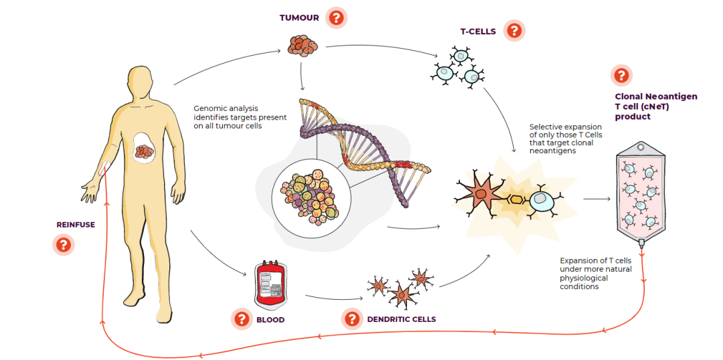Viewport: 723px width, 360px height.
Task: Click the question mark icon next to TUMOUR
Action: (336, 18)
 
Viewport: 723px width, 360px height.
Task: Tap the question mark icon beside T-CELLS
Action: (514, 31)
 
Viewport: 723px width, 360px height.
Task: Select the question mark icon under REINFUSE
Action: (63, 244)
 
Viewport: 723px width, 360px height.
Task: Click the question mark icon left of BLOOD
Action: (242, 319)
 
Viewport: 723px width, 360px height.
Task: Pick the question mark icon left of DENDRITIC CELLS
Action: (352, 319)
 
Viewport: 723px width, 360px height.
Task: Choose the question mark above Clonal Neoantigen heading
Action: (621, 75)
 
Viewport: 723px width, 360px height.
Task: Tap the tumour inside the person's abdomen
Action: (147, 151)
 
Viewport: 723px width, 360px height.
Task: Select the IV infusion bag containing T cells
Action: (641, 193)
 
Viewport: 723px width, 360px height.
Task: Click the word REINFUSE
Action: (76, 225)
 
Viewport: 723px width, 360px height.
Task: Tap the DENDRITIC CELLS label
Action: (402, 319)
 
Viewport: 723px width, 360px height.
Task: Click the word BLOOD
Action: (270, 319)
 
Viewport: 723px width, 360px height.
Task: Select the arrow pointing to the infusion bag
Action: (596, 199)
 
